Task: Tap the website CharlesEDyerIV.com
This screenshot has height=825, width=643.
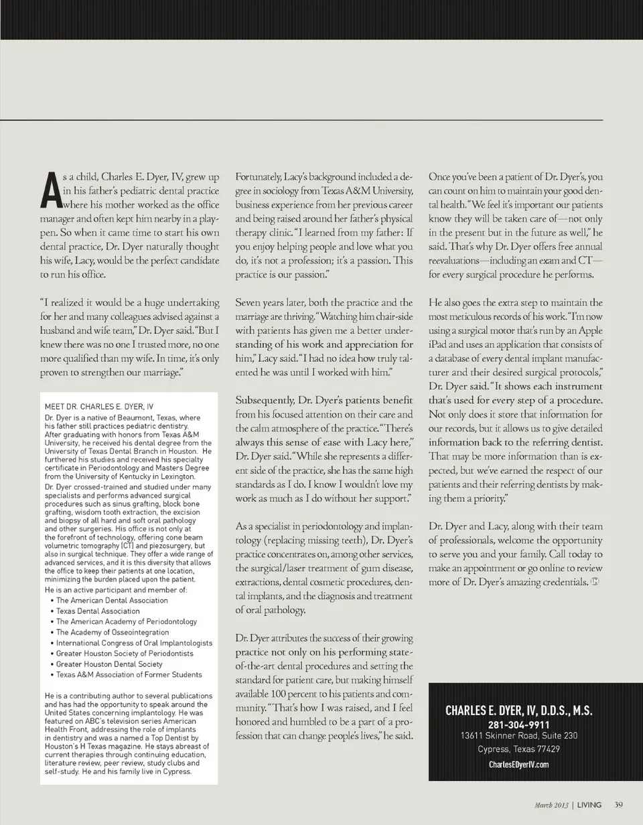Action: (519, 765)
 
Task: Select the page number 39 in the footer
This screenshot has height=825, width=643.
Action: (618, 805)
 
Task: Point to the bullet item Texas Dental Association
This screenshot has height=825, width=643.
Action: (98, 611)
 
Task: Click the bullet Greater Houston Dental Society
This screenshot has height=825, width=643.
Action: (109, 664)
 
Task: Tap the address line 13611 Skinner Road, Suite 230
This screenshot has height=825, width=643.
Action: (519, 736)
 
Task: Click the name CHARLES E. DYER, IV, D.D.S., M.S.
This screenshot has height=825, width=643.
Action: (519, 711)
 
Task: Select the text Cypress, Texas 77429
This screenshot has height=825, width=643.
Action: (519, 749)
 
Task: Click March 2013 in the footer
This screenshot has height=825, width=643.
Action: (551, 805)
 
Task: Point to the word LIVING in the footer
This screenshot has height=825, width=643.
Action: (589, 805)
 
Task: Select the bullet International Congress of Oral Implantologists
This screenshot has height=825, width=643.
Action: (134, 643)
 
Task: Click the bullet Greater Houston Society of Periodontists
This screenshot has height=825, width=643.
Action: (125, 653)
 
